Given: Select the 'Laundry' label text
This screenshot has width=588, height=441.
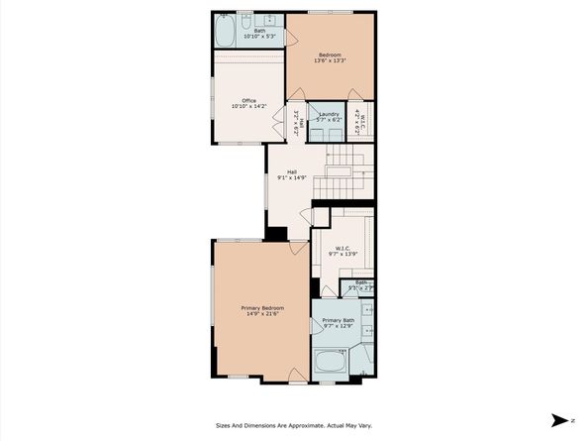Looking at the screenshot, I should tap(330, 114).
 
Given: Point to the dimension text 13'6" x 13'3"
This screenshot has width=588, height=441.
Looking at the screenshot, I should tap(331, 59).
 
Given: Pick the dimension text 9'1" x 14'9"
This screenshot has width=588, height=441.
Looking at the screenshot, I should tap(293, 177).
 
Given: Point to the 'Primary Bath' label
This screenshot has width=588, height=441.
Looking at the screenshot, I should tap(339, 320).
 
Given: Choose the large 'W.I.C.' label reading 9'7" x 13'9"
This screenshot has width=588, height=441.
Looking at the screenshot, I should tap(344, 249).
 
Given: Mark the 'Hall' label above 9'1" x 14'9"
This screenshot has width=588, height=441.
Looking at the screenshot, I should tap(293, 170).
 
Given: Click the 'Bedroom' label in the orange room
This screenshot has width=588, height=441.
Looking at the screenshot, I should tap(331, 53).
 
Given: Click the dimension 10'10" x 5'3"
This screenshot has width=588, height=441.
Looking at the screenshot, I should tap(259, 37).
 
